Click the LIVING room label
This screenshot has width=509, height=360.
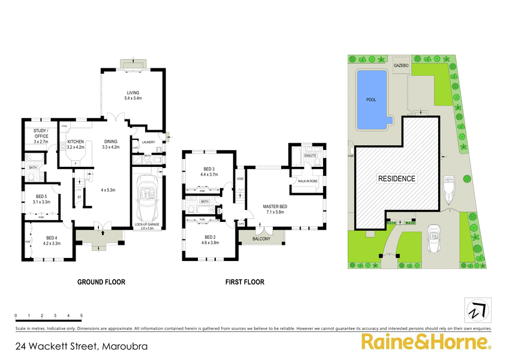132,92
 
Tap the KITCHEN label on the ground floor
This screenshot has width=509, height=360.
76,142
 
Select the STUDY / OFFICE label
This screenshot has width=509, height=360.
41,136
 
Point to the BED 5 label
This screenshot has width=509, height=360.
41,196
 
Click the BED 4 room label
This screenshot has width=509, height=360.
53,239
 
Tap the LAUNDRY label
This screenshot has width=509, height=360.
149,142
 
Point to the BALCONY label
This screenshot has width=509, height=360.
262,238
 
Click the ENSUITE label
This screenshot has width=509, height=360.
310,155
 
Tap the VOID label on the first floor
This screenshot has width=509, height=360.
240,178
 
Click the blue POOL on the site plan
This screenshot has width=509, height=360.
372,100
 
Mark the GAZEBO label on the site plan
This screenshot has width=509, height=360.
400,64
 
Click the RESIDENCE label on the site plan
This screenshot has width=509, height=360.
396,178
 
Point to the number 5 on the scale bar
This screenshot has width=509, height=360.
81,315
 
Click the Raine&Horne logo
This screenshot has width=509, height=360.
425,343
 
